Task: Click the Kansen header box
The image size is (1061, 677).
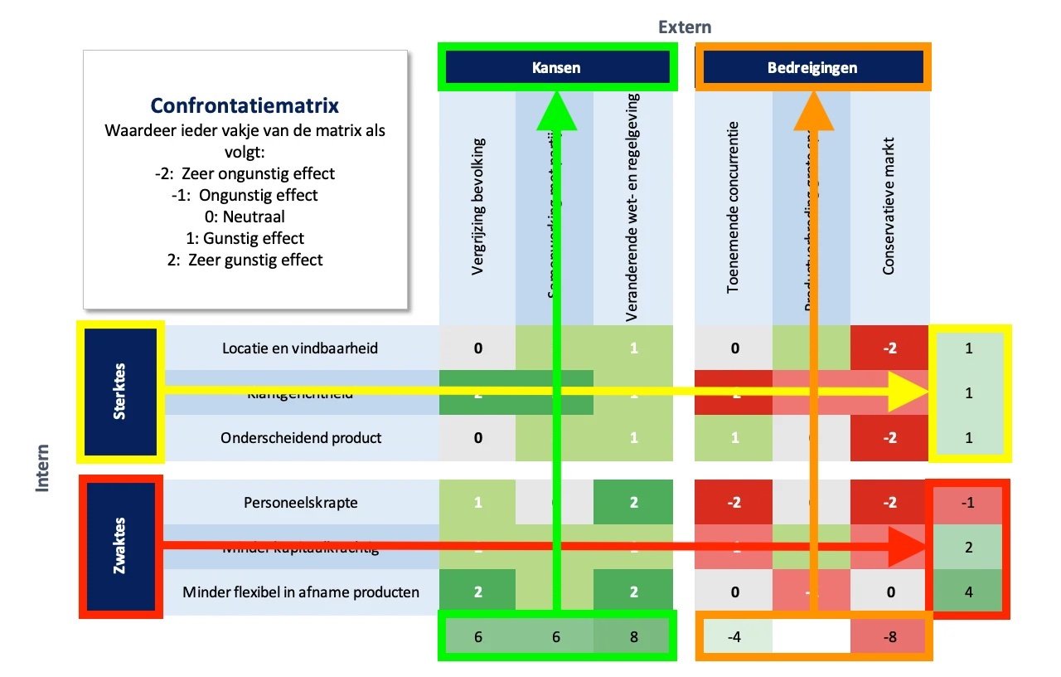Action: click(x=556, y=67)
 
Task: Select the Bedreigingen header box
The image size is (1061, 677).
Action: click(x=812, y=67)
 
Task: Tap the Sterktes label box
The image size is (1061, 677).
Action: click(x=121, y=391)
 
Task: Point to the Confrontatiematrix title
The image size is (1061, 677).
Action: click(x=245, y=106)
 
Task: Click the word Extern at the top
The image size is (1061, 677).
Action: click(x=685, y=27)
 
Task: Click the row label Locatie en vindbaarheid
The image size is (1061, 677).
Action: click(x=300, y=348)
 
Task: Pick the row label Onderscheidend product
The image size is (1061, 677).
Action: click(x=301, y=437)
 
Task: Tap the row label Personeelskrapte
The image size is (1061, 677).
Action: click(x=301, y=502)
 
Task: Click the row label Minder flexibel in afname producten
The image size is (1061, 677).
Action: click(x=301, y=592)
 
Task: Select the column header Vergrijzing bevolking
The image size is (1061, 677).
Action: click(x=478, y=217)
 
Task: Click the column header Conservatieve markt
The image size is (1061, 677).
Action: click(x=889, y=217)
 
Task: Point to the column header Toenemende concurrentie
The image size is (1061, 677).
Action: click(x=733, y=207)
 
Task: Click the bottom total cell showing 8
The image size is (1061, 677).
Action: click(x=634, y=636)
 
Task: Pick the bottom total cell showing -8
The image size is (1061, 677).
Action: click(x=889, y=636)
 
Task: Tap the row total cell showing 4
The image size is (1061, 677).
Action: click(x=969, y=592)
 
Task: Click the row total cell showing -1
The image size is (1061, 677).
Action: click(x=969, y=502)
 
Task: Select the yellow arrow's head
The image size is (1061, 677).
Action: click(x=912, y=392)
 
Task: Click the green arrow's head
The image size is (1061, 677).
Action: click(x=557, y=112)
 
